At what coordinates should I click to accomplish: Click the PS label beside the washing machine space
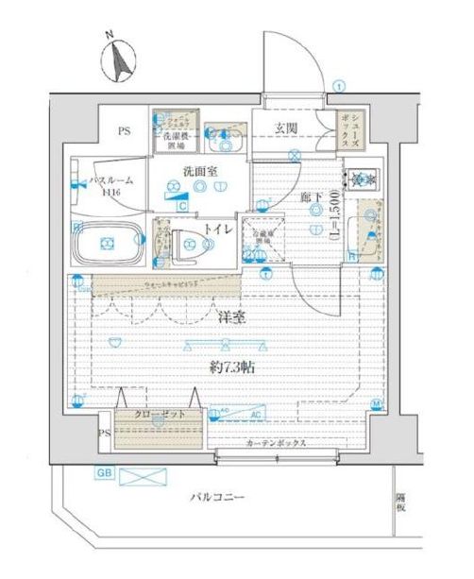[x=124, y=132]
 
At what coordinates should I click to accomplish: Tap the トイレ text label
[x=223, y=229]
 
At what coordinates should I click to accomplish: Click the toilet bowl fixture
[x=192, y=246]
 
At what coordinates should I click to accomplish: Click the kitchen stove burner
[x=361, y=178]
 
